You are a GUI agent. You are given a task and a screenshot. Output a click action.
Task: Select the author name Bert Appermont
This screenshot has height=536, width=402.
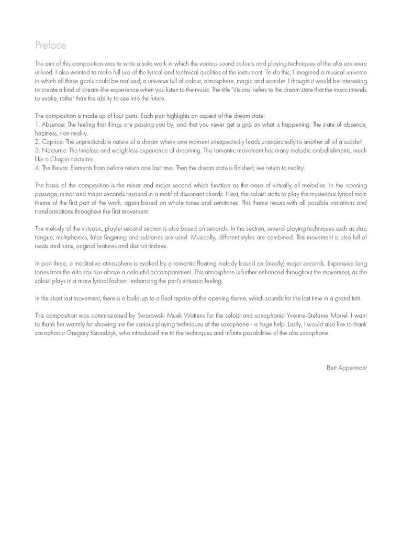point(347,368)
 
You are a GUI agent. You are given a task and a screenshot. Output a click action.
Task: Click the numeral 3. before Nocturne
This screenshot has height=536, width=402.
point(37,151)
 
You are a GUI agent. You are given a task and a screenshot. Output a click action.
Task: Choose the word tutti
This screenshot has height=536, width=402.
point(360,298)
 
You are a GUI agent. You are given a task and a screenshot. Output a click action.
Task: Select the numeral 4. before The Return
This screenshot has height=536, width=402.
point(37,167)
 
